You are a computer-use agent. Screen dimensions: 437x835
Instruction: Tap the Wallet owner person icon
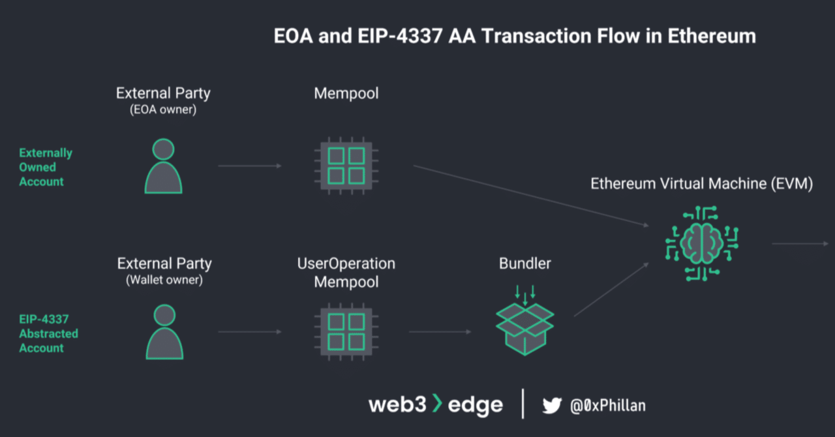point(164,332)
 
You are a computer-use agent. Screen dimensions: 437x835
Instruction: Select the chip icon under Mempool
point(346,166)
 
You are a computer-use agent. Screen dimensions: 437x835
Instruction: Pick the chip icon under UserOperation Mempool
point(346,331)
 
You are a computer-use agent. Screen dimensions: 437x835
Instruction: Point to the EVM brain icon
point(701,243)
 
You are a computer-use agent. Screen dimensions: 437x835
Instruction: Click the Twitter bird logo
point(552,406)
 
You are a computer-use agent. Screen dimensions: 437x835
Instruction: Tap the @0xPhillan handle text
point(608,406)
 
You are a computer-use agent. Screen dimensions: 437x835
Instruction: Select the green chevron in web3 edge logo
point(437,404)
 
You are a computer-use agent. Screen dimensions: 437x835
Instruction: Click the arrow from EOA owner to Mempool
point(250,166)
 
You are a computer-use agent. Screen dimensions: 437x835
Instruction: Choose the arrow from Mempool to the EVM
point(531,196)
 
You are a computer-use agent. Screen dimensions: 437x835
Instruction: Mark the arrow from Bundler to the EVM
point(611,290)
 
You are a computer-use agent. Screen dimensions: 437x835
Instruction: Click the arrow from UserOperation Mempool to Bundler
point(440,331)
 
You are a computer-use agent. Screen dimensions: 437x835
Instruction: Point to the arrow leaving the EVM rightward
point(800,244)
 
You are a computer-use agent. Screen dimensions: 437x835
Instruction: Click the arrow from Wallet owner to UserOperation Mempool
point(250,331)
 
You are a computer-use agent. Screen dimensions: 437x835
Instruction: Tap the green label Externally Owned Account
point(45,167)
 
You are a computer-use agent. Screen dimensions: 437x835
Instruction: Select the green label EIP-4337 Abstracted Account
point(48,333)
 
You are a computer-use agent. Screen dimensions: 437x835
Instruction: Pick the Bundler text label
point(524,264)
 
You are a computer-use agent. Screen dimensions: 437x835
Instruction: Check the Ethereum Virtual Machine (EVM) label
point(701,184)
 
